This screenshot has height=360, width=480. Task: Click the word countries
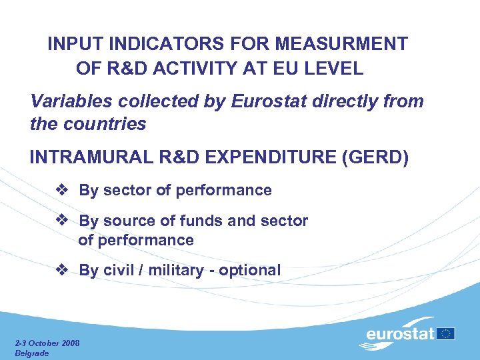pos(105,124)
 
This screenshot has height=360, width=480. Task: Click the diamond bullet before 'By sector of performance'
pos(62,190)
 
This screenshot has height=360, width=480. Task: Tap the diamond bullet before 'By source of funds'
pos(62,220)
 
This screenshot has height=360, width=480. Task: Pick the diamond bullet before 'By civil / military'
pos(62,270)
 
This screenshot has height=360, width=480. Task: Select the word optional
pos(249,270)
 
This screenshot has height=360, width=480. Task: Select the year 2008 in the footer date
pos(69,343)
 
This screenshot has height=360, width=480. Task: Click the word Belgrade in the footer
pos(32,353)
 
